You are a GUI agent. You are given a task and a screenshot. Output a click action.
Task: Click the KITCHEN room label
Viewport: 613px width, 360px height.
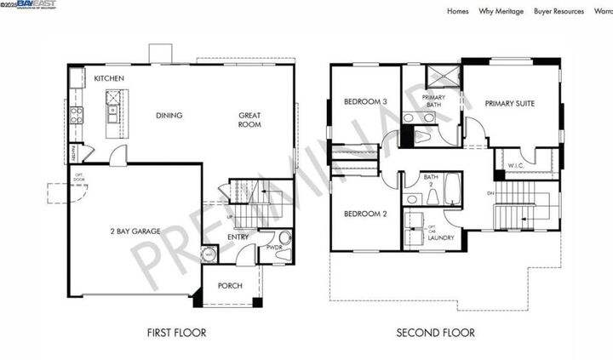coord(109,78)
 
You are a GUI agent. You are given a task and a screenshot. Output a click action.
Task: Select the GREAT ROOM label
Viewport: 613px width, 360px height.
coord(249,120)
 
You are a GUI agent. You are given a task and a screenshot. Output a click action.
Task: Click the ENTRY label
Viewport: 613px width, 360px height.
coord(238,237)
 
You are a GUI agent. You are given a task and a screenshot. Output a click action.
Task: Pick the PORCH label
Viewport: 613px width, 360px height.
coord(230,286)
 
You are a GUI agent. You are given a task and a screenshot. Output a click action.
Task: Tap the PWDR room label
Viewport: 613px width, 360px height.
coord(274,249)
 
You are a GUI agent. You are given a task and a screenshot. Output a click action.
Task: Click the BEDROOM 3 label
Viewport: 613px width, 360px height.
coord(365,102)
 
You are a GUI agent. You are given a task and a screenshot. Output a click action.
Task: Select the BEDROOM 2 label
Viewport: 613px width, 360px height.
coord(365,214)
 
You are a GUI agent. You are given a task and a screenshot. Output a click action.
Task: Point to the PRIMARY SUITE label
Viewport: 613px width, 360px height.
coord(510,103)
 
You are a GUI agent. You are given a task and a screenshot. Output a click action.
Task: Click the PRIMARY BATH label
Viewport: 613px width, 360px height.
coord(432,101)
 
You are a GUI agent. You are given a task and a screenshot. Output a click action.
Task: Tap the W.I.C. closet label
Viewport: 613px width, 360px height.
coord(515,165)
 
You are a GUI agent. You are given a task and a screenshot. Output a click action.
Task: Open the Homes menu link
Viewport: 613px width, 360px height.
coord(457,12)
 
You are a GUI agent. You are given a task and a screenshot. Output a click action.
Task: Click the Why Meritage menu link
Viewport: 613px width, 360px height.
coord(501,12)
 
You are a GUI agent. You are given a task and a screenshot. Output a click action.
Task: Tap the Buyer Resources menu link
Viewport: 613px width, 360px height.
coord(559,12)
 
